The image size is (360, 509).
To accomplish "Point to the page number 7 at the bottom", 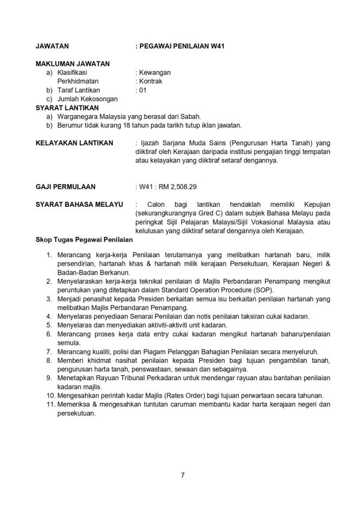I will click(182, 476).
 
